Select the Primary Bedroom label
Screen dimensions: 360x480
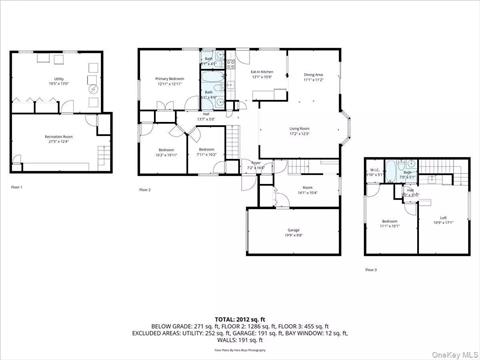coord(169,80)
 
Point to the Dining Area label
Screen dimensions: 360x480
coord(314,76)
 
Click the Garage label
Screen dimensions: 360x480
coord(294,232)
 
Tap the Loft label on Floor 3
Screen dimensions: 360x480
coord(442,219)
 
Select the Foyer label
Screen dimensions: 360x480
coord(256,166)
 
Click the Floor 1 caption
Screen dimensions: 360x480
coord(16,187)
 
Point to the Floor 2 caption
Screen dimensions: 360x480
coord(144,189)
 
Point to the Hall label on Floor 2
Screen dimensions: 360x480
coord(206,117)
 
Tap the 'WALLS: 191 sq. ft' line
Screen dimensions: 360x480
coord(240,340)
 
